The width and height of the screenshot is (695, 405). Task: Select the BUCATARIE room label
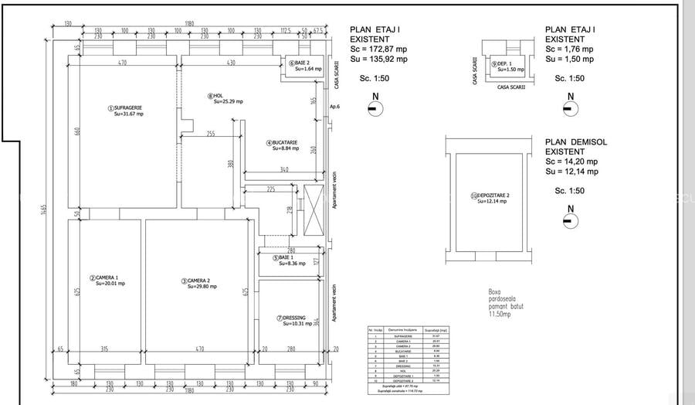point(283,145)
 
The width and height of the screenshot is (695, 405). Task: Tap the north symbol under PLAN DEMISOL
point(571,221)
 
